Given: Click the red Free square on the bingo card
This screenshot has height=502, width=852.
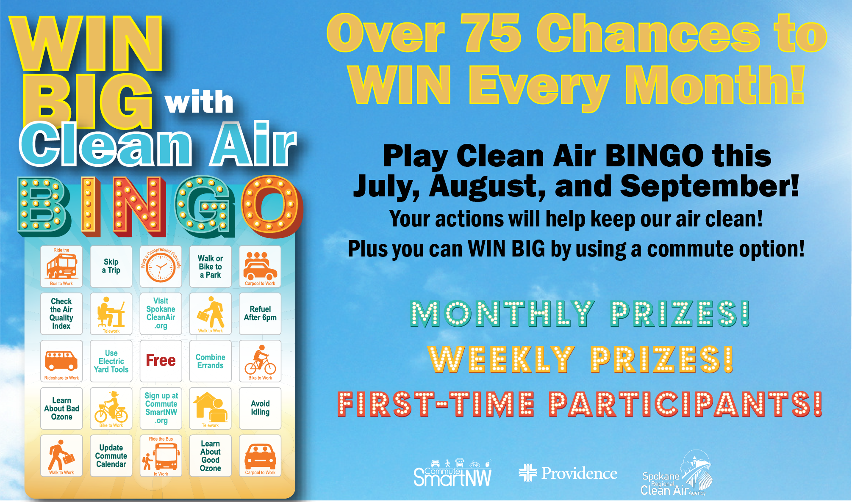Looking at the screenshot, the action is click(x=161, y=361).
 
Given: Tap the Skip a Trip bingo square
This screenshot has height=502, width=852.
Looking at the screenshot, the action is click(x=111, y=266).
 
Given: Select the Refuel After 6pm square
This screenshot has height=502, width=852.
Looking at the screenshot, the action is click(x=260, y=314).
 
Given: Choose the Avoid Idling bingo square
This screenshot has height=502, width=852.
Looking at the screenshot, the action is click(x=260, y=408).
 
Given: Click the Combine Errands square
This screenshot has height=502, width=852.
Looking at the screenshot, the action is click(x=211, y=361).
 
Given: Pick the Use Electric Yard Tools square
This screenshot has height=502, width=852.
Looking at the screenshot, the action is click(x=111, y=361).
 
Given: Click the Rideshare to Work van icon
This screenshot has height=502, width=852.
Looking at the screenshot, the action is click(x=61, y=360).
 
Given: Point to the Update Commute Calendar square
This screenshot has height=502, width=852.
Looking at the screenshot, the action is click(x=111, y=455).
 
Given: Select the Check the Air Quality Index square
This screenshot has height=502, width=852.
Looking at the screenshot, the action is click(x=61, y=314).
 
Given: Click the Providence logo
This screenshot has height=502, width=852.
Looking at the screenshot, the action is click(x=568, y=473).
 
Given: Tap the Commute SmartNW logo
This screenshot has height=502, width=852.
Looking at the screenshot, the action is click(x=452, y=473).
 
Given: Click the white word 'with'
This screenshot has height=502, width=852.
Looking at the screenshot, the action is click(x=199, y=102).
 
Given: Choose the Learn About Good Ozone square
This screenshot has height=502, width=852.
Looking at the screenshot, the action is click(x=211, y=455).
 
